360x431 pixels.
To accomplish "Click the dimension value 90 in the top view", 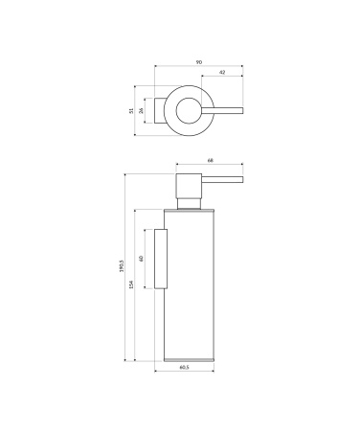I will coord(198,62).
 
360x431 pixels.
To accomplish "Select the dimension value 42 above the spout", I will coord(222,73).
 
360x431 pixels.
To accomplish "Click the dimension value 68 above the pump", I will coord(211,162).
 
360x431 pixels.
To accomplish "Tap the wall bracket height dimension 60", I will coord(143,259).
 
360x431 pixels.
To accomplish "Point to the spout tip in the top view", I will coord(241,111).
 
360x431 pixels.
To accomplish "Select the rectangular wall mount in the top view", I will coord(154,111).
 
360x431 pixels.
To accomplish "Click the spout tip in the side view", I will coord(241,179).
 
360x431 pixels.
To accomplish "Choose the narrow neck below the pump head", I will coord(190,202).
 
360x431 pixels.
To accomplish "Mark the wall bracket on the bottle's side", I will coord(162,259).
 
